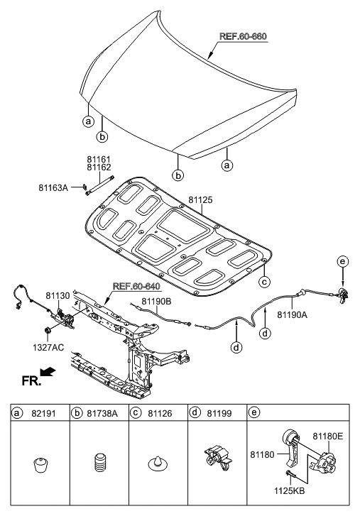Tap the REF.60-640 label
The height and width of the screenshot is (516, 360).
coord(135,287)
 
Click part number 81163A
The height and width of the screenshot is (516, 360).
coord(53,187)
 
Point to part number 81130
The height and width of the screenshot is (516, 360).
coord(59,295)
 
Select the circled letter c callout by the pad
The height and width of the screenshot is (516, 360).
coord(263,282)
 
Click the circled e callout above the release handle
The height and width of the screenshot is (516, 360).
coord(343,263)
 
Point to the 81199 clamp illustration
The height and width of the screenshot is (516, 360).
coord(216,458)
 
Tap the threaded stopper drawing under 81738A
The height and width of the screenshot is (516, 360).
coord(99,466)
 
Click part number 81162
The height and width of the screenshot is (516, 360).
coord(99,168)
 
